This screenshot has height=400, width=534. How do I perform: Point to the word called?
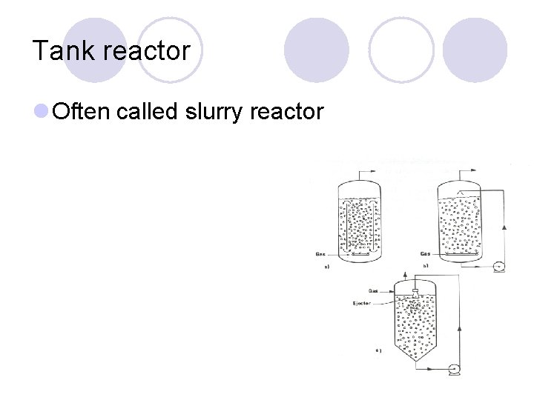point(145,112)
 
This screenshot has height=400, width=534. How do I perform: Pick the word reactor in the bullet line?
point(287,113)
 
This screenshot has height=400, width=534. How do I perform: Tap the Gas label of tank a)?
point(320,254)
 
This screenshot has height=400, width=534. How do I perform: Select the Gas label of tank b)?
point(426,254)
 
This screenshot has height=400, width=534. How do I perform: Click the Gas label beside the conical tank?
point(375,291)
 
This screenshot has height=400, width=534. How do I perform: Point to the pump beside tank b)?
point(498,267)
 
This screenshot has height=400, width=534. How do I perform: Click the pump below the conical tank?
point(453,368)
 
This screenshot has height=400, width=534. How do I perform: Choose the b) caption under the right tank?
point(426,266)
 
